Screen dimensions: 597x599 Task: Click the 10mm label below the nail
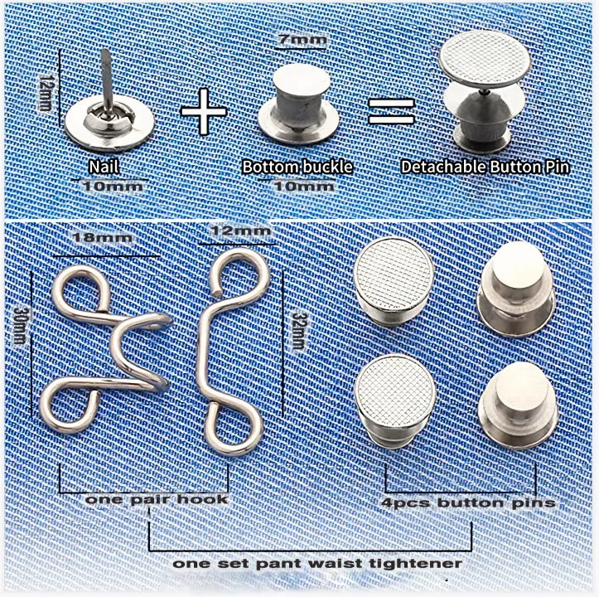pyautogui.click(x=114, y=185)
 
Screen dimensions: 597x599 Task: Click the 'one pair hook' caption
pyautogui.click(x=157, y=500)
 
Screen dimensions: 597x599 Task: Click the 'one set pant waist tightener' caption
pyautogui.click(x=317, y=562)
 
